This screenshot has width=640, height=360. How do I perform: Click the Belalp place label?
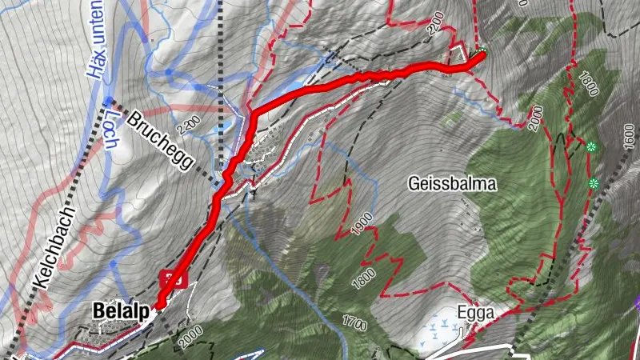point(121,310)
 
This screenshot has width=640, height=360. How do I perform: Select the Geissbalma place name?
point(452,184)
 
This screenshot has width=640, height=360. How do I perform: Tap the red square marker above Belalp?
point(174,278)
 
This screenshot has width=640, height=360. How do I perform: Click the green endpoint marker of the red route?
point(482,54)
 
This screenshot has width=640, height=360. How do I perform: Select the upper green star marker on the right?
point(591,146)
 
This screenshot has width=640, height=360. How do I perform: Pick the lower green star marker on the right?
point(594,183)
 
